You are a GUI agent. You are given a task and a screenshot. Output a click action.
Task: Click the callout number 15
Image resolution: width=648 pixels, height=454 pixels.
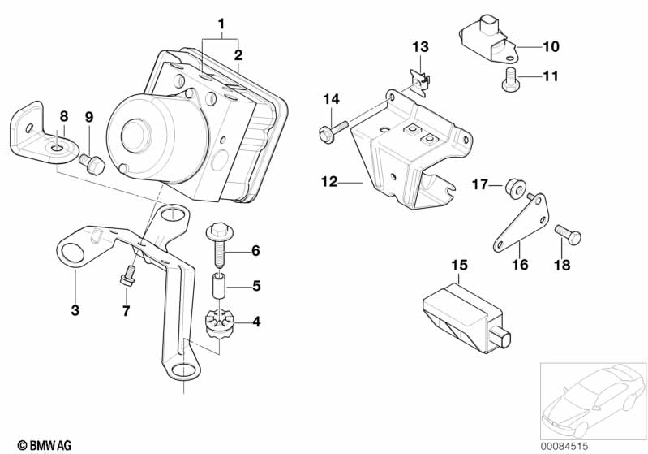[x=459, y=266]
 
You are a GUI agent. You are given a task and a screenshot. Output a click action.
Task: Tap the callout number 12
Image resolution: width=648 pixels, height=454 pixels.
[x=329, y=182]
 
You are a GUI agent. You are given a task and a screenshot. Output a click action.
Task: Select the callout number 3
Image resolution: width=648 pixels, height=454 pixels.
[x=75, y=309]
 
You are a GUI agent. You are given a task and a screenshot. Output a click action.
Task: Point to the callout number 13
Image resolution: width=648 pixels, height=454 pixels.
[x=420, y=47]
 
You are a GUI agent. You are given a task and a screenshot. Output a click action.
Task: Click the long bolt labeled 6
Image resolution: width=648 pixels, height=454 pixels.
[x=220, y=245]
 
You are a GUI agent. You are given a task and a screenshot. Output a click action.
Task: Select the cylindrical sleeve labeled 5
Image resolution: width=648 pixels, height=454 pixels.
[x=220, y=285]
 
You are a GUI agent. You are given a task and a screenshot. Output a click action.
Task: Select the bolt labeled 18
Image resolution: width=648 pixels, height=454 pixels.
[x=569, y=235]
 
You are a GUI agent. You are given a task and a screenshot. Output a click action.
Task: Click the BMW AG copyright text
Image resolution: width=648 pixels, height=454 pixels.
[x=45, y=445]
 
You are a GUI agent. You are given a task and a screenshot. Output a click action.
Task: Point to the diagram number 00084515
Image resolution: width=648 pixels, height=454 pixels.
[x=564, y=446]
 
